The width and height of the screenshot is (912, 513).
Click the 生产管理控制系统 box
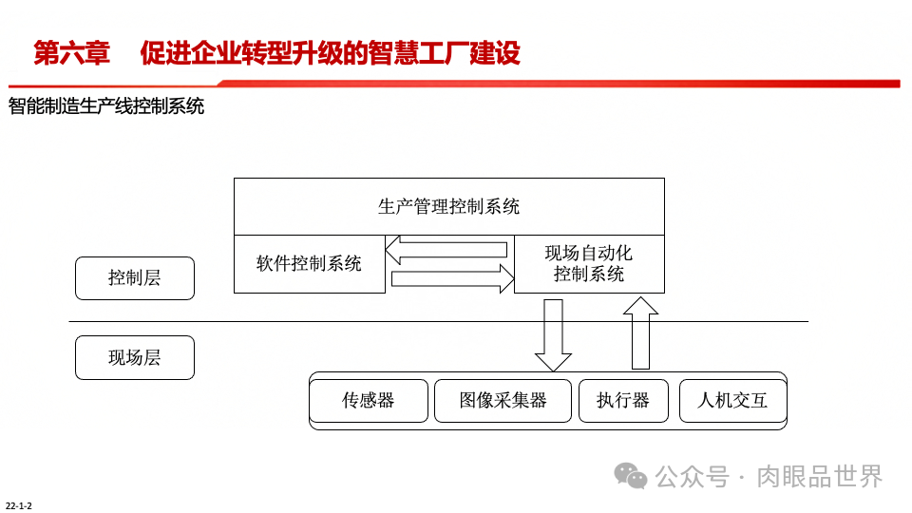coord(448,206)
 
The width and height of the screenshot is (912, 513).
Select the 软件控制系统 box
coord(309,263)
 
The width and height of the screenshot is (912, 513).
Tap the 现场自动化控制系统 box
coord(589,263)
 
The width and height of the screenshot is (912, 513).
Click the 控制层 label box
coord(134,278)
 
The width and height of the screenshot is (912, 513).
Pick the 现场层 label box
coord(134,357)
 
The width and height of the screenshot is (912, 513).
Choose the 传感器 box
coord(369,400)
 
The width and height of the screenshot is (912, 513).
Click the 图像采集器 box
coord(503,400)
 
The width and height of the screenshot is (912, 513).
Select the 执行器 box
coord(623,400)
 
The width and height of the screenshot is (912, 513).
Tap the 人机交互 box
coord(732,400)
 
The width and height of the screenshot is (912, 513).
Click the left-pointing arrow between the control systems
coord(446,250)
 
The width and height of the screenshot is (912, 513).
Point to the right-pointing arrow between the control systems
coord(452,277)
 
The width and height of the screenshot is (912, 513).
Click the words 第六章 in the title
coord(72,53)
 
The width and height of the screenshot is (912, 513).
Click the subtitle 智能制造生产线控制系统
coord(106,106)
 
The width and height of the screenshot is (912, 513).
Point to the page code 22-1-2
coord(19,505)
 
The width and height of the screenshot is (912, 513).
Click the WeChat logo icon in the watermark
coord(630,476)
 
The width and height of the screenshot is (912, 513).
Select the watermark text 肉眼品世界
coord(819,476)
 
